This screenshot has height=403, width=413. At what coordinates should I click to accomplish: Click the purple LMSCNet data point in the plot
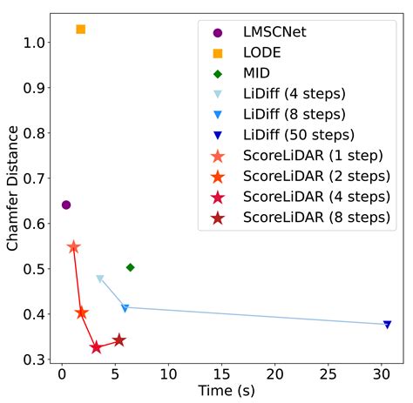(x=65, y=205)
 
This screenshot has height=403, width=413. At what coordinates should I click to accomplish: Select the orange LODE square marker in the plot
(x=80, y=29)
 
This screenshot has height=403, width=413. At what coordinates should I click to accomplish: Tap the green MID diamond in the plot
(x=130, y=267)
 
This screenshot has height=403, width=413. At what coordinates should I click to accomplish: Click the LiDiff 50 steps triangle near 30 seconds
(x=387, y=325)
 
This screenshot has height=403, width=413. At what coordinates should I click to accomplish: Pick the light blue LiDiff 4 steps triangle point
(x=99, y=279)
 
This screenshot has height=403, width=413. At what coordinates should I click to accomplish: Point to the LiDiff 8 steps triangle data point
(x=125, y=308)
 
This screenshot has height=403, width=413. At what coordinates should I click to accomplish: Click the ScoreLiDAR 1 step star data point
(x=73, y=247)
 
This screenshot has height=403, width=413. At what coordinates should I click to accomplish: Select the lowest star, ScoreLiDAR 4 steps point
(x=96, y=347)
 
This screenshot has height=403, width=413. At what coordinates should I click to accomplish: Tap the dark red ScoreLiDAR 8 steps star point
(x=119, y=340)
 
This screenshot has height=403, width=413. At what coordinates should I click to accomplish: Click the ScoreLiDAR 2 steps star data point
(x=82, y=312)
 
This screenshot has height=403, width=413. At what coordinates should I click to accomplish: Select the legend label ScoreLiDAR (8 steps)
(x=316, y=216)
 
